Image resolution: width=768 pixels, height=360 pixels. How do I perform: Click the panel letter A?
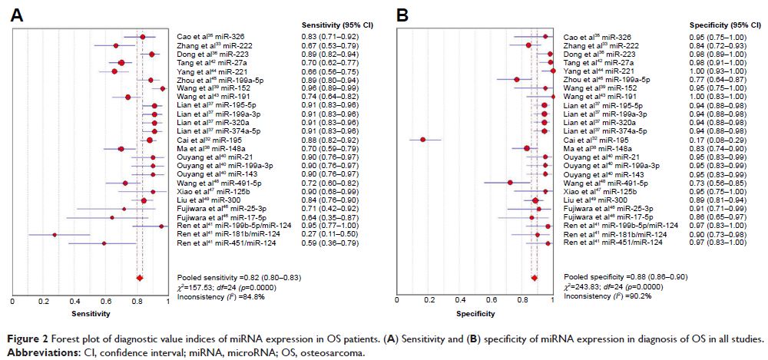(x=15, y=13)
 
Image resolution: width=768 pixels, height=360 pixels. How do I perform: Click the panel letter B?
(x=400, y=13)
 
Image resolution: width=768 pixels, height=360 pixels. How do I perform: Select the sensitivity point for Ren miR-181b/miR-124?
(x=54, y=235)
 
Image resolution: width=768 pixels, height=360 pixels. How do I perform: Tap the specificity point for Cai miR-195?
(x=422, y=139)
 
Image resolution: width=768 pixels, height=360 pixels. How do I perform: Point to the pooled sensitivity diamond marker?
(x=139, y=278)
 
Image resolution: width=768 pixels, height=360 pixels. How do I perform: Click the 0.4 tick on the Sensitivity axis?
(x=74, y=302)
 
